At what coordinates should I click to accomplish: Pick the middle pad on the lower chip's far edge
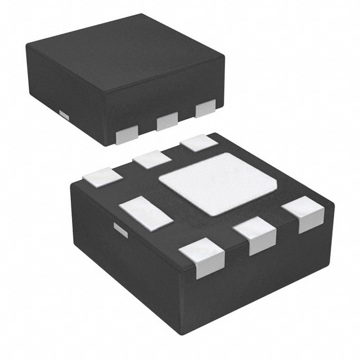coord(152,159)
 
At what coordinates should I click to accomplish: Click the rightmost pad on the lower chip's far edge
coord(200,142)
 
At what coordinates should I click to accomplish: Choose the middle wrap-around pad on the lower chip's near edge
coord(255,236)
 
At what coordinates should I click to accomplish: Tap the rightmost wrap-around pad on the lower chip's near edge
coord(303,215)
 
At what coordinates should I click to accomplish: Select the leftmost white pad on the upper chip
coord(127,134)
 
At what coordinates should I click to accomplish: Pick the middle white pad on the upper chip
coord(167,120)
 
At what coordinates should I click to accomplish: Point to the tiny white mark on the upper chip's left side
coord(64,115)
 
